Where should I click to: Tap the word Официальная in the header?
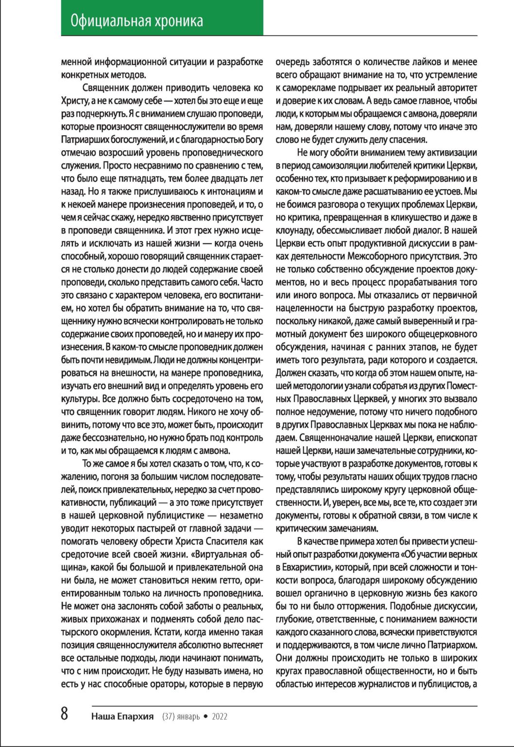pos(103,21)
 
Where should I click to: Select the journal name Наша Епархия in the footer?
pos(122,716)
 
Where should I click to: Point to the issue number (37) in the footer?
pos(169,716)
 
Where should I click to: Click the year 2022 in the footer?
pos(220,716)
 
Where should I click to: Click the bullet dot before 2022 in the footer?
pos(206,716)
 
